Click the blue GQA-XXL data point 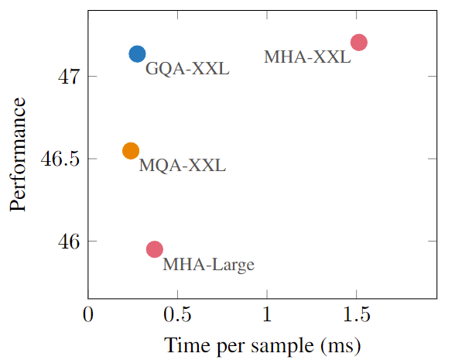point(137,53)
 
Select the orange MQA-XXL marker point(131,151)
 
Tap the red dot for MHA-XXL point(358,42)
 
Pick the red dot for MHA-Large point(155,249)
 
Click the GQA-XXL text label point(188,69)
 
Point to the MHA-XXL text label point(307,57)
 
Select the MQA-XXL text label point(182,166)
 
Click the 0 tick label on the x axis point(88,315)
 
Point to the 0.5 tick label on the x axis point(177,315)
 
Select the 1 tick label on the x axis point(267,315)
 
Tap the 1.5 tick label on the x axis point(356,315)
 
